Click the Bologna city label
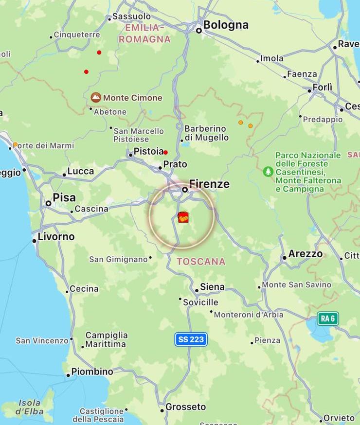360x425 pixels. pos(226,25)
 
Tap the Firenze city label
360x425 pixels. pos(209,184)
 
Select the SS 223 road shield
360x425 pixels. pos(191,339)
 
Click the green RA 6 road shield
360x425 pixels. pos(328,319)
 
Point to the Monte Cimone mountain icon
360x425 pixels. pos(96,98)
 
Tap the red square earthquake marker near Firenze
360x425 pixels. pos(183,217)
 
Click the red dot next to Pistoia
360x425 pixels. pos(165,152)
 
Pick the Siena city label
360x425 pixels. pos(212,287)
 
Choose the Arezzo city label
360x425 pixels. pos(306,254)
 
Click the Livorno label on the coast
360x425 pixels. pos(57,237)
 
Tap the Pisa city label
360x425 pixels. pos(64,197)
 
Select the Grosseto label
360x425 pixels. pos(186,407)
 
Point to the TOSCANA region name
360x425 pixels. pos(201,262)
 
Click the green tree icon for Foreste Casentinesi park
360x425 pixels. pos(268,171)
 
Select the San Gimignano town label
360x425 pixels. pos(118,260)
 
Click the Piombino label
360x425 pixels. pos(92,372)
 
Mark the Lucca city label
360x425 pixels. pos(80,171)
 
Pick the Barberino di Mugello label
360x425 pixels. pos(206,133)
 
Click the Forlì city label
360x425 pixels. pos(322,88)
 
